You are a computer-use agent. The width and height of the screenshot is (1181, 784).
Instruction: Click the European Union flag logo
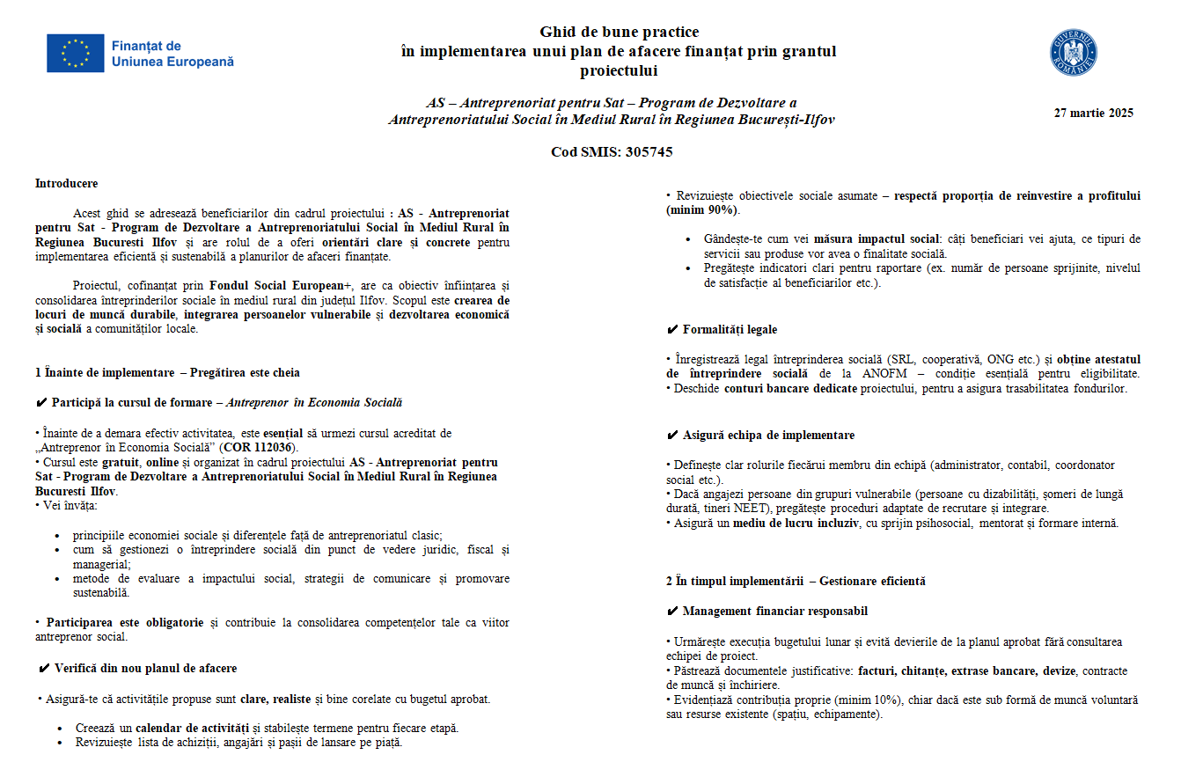[x=76, y=54]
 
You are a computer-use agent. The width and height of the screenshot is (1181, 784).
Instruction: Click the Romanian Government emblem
[x=1074, y=54]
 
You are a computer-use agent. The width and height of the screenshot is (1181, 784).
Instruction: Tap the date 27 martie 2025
[x=1094, y=113]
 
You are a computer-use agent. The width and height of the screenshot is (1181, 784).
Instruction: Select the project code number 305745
[x=649, y=151]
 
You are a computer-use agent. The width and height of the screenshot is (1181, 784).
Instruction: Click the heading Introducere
[x=67, y=184]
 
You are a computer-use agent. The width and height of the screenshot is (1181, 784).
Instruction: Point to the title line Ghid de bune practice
[x=620, y=33]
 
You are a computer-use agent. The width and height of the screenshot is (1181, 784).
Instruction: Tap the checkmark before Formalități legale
[x=672, y=330]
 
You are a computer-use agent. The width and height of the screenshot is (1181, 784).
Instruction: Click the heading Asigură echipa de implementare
[x=768, y=436]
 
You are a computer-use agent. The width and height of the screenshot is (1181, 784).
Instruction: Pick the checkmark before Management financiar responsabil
[x=672, y=612]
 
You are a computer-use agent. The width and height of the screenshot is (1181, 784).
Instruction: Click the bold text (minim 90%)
[x=702, y=209]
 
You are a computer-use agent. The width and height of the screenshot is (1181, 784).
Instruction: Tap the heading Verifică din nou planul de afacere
[x=145, y=669]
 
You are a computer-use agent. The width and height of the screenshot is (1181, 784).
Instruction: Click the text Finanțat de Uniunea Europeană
[x=172, y=54]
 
